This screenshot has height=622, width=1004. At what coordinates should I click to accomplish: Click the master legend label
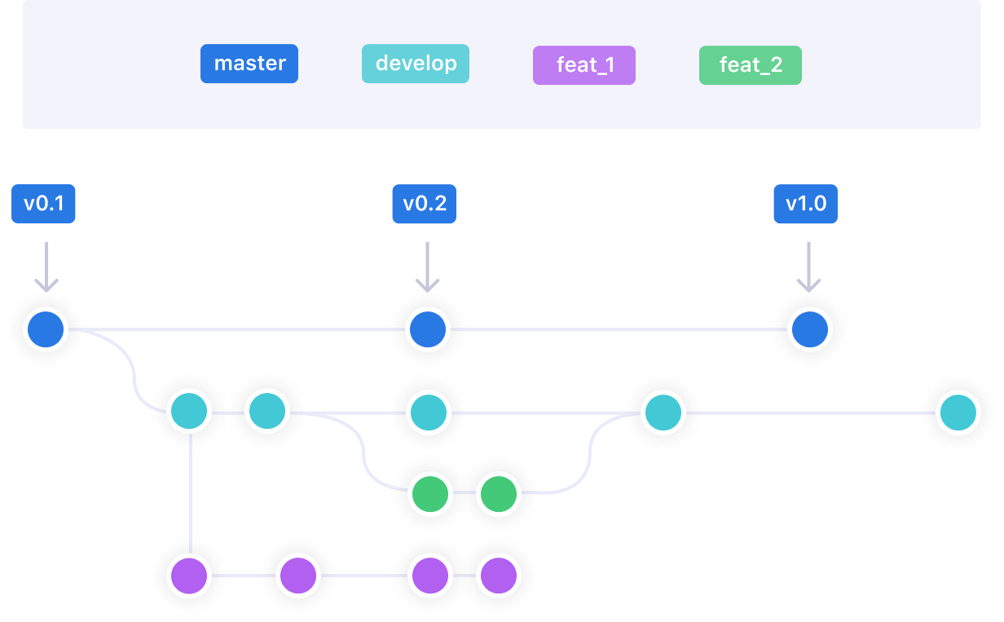point(249,64)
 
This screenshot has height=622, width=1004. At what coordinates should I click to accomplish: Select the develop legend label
point(416,64)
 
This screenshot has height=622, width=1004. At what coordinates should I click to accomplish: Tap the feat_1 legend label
point(583,65)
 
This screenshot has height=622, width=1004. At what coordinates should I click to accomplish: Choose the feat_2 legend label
point(751,65)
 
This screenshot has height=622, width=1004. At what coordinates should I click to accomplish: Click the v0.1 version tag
point(44,204)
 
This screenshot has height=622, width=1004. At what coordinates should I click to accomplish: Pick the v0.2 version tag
point(424,204)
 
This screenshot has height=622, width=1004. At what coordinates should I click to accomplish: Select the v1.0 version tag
point(805,204)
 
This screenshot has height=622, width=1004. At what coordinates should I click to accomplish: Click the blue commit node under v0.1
point(45,330)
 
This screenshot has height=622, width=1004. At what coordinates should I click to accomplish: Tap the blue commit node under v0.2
point(428,330)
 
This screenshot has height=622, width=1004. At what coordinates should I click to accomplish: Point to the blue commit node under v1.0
point(809,330)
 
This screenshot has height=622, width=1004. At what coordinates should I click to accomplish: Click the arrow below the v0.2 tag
point(427,265)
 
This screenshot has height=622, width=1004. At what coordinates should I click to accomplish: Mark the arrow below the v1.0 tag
point(808,265)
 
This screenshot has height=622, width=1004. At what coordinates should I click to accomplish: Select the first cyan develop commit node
point(189,412)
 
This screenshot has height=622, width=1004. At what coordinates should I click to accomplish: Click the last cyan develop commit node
point(957,412)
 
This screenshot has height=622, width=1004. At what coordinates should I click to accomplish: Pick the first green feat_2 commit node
point(429,494)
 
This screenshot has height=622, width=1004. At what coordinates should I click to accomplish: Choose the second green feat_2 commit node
point(498,494)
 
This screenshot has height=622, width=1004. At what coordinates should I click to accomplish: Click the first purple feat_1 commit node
point(189,576)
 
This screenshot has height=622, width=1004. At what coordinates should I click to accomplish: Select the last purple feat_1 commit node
point(498,576)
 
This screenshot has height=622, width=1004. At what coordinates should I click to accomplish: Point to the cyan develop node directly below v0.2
point(428,412)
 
